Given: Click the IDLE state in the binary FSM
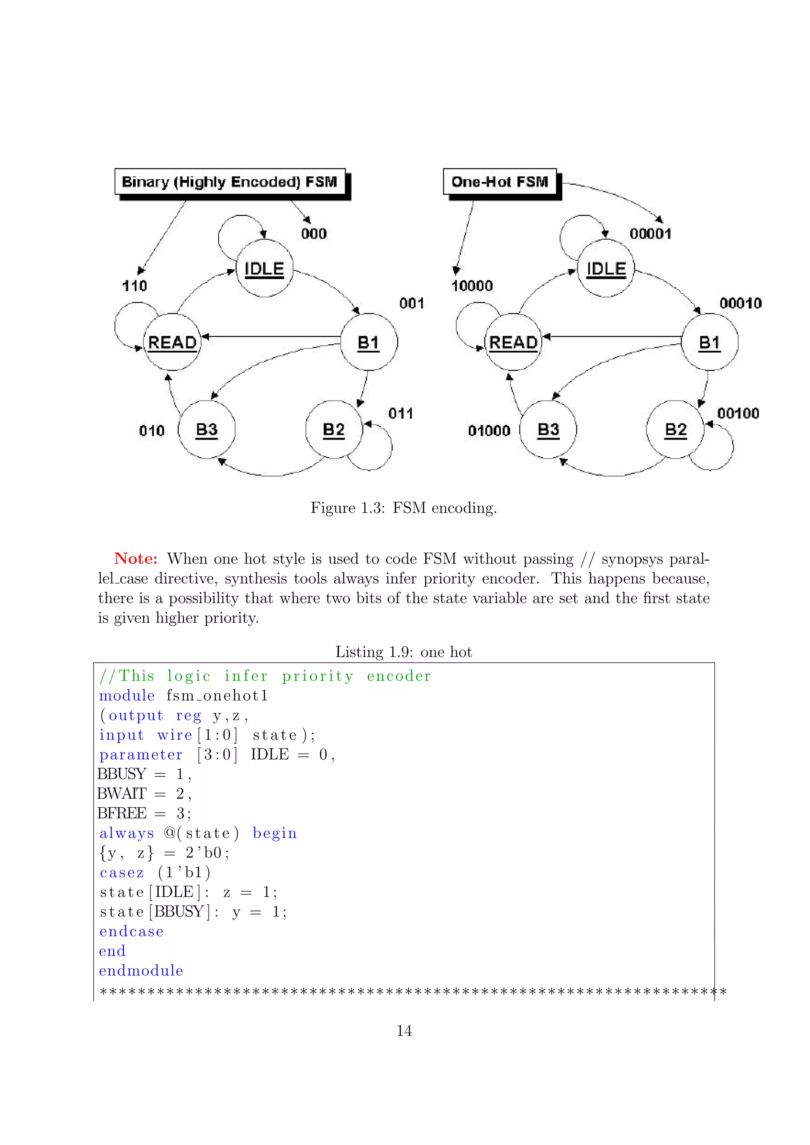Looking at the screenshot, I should (x=264, y=268).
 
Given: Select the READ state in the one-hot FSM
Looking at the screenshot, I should (x=513, y=342).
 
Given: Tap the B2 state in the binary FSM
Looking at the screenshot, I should (x=334, y=429).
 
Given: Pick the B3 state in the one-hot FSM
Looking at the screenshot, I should (x=548, y=429).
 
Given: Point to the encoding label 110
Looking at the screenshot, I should (x=134, y=286).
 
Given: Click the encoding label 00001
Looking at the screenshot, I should (x=650, y=233).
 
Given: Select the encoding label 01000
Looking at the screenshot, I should (x=489, y=431).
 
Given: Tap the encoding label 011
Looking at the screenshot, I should (x=401, y=413).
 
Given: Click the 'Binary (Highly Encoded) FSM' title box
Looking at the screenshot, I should (x=230, y=181).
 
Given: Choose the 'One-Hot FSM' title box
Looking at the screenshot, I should (x=500, y=181).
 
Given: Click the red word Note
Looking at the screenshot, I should (x=135, y=559).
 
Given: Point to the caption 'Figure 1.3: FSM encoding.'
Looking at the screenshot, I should (x=403, y=508).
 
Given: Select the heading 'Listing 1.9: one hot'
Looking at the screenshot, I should (x=403, y=652).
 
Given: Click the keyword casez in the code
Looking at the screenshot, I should (x=122, y=873).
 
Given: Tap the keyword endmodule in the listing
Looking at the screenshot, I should (x=141, y=971).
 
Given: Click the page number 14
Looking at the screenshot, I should (x=404, y=1030).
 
